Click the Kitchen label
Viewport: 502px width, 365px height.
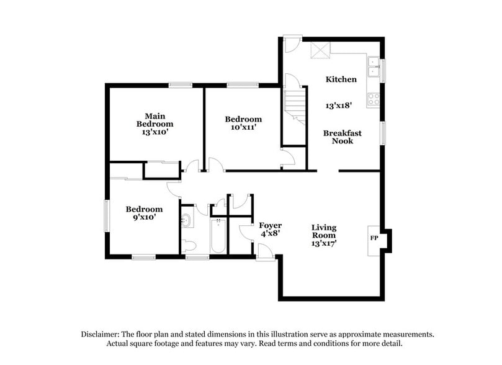tap(341, 79)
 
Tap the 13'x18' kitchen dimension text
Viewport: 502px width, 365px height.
tap(339, 106)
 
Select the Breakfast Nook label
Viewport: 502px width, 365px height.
tap(342, 137)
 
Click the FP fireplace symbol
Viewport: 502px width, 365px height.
tap(375, 238)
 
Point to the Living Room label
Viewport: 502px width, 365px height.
tap(323, 232)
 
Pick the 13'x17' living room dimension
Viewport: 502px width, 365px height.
tap(323, 244)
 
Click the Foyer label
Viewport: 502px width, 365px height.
tap(271, 225)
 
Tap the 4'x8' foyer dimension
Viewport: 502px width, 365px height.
tap(271, 234)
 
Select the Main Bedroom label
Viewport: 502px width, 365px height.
tap(155, 120)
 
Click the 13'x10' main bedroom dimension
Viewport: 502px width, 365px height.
tap(155, 132)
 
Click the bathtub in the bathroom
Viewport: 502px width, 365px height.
tap(218, 237)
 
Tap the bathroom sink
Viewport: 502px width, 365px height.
tap(186, 220)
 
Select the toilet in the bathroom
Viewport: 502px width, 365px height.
tap(189, 244)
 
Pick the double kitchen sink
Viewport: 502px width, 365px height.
tap(374, 66)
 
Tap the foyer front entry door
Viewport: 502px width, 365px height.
tap(266, 251)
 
